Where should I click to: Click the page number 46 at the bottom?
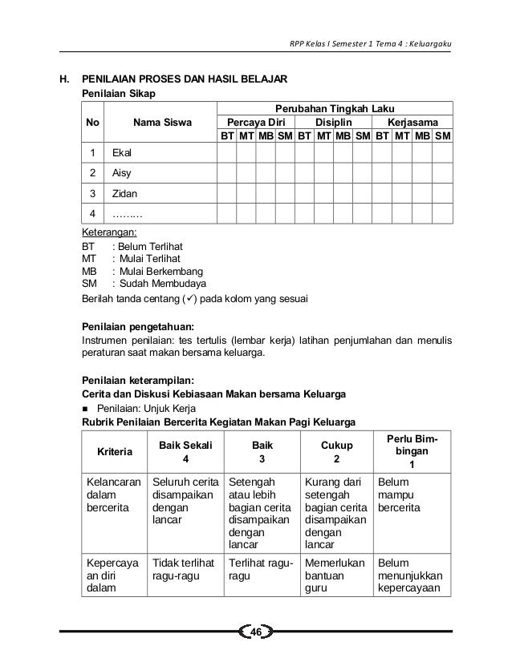pyautogui.click(x=256, y=634)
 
